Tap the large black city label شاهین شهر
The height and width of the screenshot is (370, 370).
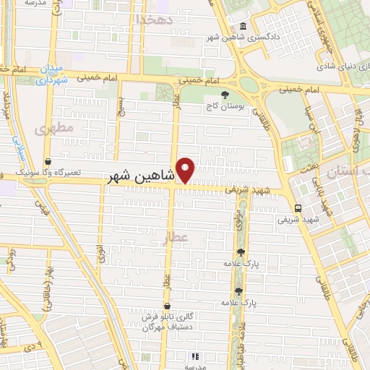[x=140, y=176]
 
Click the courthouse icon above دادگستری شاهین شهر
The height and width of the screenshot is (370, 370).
[x=241, y=27]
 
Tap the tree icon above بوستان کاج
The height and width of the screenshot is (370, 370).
[x=226, y=94]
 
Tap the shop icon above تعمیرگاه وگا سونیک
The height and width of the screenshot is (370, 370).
[x=48, y=162]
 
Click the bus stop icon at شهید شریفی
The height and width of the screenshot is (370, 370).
[x=298, y=207]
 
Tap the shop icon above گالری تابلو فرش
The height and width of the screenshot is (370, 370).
[x=168, y=306]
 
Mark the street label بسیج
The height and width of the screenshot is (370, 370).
[x=121, y=110]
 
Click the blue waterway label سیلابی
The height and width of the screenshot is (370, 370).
[x=19, y=145]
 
